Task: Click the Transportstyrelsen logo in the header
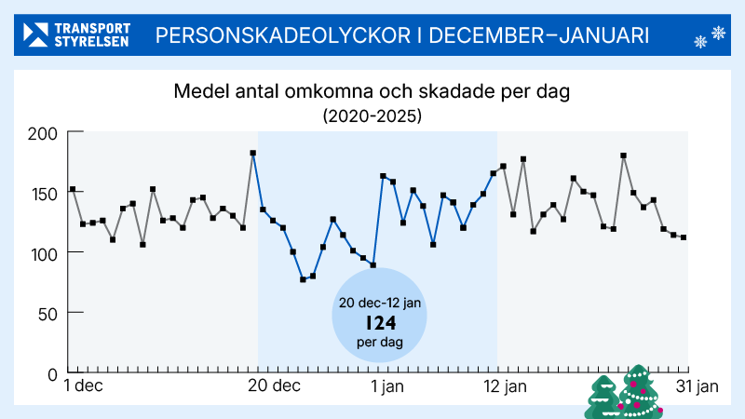click(77, 35)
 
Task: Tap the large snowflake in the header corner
click(718, 34)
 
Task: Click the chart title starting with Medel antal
click(372, 93)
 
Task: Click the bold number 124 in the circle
click(380, 323)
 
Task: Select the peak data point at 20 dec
click(253, 153)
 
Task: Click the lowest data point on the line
click(303, 279)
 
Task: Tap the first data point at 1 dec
click(73, 190)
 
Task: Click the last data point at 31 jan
click(684, 237)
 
